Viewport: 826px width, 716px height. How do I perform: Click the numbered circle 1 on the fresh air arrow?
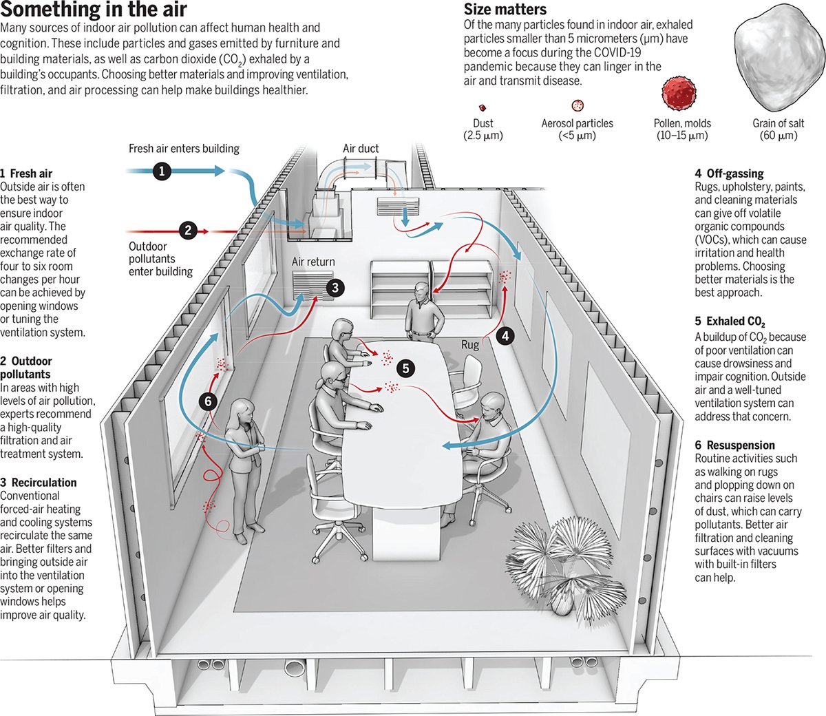[x=162, y=171]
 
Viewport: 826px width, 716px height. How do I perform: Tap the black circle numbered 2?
[x=188, y=231]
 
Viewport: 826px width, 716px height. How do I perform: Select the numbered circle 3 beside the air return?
[x=335, y=288]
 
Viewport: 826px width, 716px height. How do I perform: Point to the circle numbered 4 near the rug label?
[x=506, y=336]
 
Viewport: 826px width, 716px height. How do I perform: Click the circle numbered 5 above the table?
[x=406, y=369]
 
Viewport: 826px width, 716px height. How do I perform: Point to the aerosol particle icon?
[x=578, y=105]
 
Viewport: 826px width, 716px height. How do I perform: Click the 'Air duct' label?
[x=361, y=148]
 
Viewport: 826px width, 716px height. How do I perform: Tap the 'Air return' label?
[x=313, y=262]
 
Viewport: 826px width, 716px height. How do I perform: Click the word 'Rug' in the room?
[x=470, y=344]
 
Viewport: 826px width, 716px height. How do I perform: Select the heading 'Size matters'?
[x=505, y=10]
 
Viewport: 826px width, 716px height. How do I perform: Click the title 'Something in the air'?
[x=94, y=10]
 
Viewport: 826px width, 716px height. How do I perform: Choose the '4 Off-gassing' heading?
[x=729, y=173]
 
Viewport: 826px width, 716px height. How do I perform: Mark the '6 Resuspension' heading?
[x=734, y=445]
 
